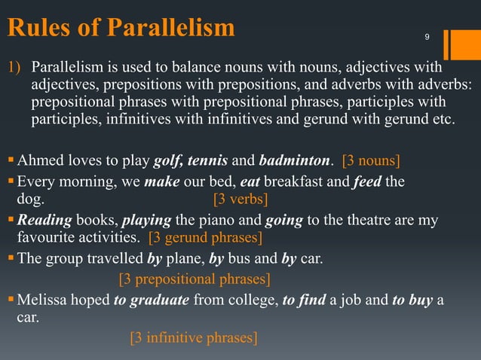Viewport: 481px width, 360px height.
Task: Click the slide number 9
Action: [427, 37]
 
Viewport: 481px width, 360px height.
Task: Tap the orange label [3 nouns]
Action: [371, 160]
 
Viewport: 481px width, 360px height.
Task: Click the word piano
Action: [223, 220]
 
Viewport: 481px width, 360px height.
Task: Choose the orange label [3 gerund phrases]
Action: [206, 239]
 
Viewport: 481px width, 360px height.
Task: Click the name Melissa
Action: [44, 301]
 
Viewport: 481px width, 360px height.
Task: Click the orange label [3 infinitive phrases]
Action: [194, 337]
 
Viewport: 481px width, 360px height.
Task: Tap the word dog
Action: [30, 200]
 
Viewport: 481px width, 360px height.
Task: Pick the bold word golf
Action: [167, 160]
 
